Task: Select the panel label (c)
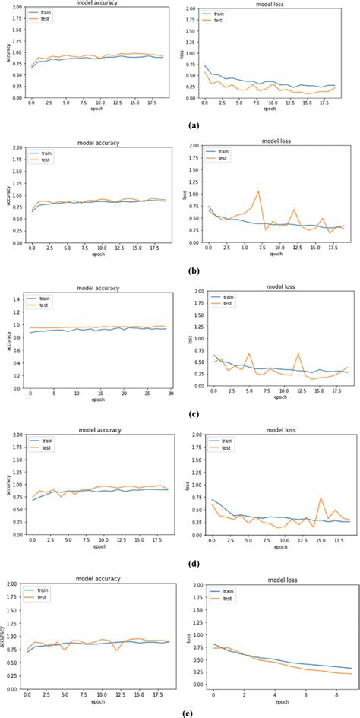coord(180,415)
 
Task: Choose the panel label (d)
coord(180,563)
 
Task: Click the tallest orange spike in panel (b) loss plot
coord(258,191)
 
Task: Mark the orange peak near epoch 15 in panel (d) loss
coord(321,498)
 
